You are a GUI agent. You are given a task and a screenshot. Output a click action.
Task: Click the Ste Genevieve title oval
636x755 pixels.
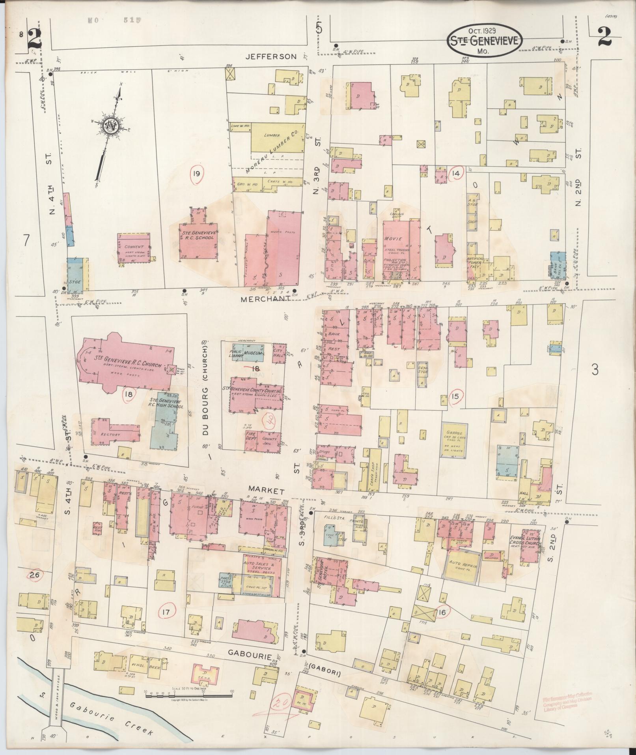(x=485, y=41)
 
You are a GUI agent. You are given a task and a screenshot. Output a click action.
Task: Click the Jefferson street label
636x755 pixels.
(x=270, y=56)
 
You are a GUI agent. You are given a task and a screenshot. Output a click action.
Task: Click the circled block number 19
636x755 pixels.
(x=197, y=174)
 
